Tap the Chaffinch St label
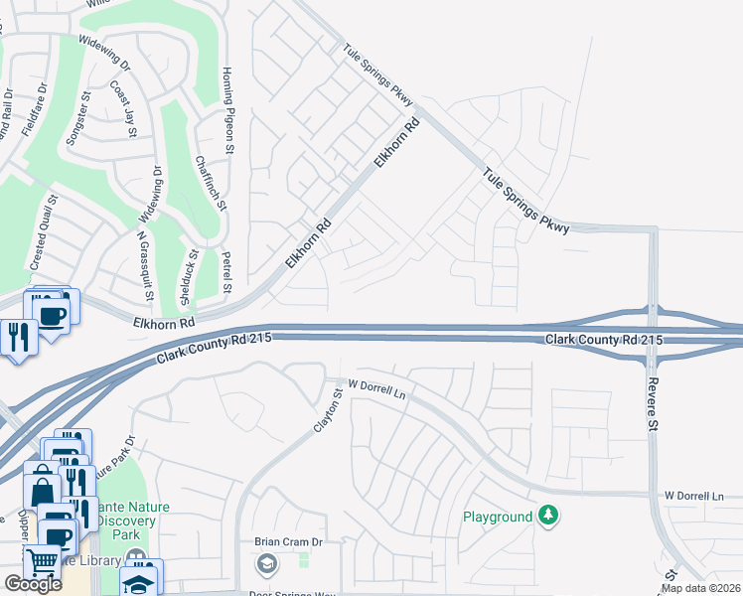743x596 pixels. (212, 183)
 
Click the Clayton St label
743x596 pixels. (328, 407)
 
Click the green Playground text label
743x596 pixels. (499, 518)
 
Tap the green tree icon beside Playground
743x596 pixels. (547, 516)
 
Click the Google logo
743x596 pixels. (33, 584)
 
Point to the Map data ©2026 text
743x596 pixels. (701, 588)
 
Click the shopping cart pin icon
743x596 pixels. (42, 561)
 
